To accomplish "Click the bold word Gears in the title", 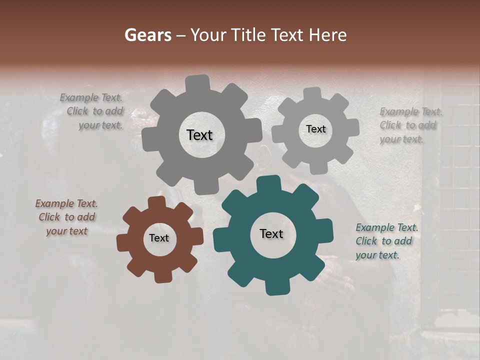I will pos(147,35).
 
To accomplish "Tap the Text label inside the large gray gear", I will pos(199,135).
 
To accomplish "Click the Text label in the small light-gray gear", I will pos(315,129).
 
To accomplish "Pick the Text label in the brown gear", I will pos(159,238).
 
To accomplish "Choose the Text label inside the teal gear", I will pos(271,233).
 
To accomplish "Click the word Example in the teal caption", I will pos(374,228).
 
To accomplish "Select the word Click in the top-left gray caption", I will pos(77,111).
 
